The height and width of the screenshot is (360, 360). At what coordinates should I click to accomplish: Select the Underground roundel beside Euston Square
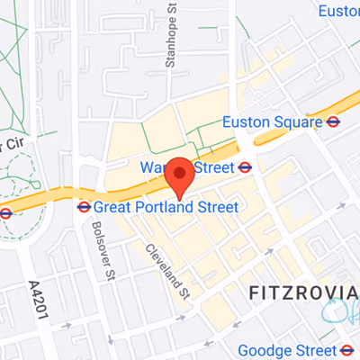coord(334,122)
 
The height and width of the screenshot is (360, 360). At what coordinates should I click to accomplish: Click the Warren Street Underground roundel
coord(244,166)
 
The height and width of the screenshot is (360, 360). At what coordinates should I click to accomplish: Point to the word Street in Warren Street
coord(213,166)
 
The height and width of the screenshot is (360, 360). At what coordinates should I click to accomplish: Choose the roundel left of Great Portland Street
coord(84,207)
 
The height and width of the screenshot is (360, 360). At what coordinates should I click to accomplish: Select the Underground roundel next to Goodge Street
coord(348,349)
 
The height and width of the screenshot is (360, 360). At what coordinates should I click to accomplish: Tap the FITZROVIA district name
coord(298,293)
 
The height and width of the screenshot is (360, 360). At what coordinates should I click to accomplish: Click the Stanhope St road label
coord(168,41)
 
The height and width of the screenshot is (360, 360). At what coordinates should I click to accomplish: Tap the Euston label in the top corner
coord(339,10)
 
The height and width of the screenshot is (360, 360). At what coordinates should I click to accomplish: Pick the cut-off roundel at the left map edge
coord(4,213)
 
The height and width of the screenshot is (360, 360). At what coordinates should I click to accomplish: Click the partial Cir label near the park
coord(10,146)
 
